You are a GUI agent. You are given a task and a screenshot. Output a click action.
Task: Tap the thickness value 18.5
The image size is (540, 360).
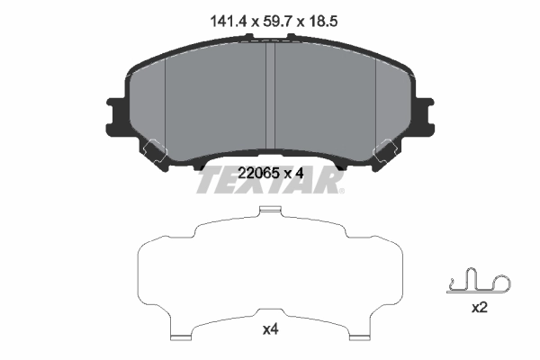(320, 16)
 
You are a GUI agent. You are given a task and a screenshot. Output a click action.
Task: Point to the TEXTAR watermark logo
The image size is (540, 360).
(269, 181)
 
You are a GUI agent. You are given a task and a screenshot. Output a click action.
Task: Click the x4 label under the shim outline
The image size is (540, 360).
(269, 329)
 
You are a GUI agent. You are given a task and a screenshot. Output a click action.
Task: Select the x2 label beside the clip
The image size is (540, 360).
(479, 307)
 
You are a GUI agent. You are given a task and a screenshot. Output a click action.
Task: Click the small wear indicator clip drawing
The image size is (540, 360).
(478, 282)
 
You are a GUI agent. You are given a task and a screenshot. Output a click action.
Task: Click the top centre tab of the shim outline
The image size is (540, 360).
(269, 211)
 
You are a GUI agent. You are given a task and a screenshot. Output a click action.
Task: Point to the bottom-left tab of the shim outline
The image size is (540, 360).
(183, 337)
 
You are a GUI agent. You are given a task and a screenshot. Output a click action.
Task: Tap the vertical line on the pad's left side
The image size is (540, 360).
(167, 103)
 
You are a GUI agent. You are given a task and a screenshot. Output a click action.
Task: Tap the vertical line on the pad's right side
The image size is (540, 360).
(373, 103)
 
